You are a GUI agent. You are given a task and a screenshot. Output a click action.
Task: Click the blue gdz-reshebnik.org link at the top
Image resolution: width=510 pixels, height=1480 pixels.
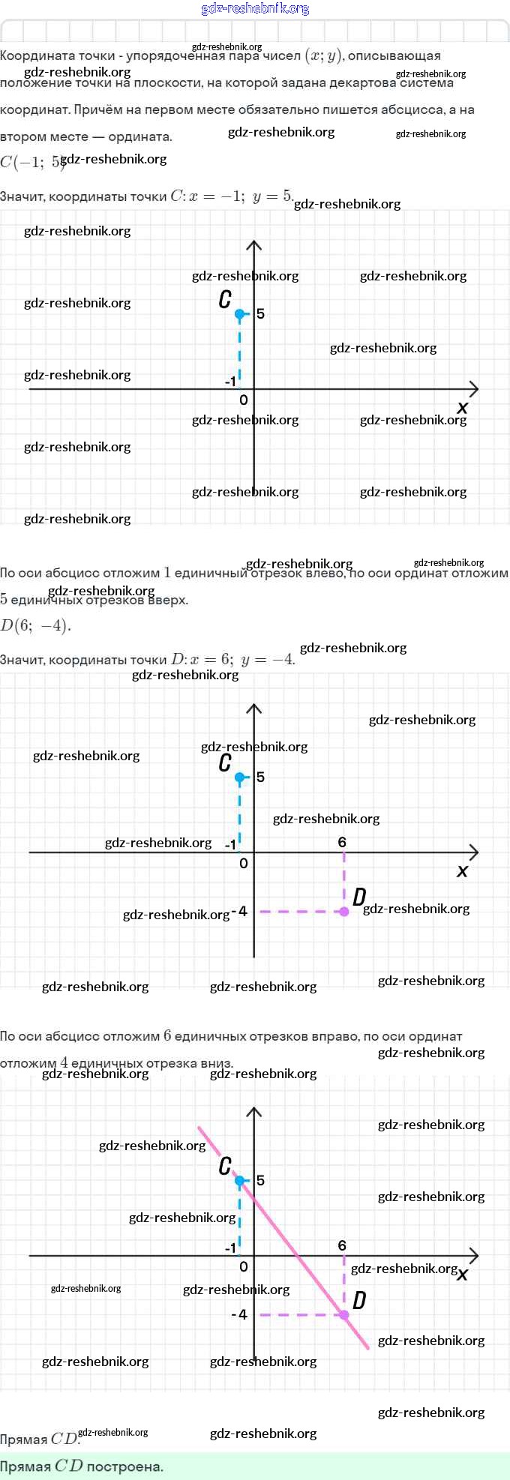point(255,9)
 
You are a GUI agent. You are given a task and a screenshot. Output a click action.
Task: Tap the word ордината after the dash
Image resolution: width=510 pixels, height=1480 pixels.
point(139,136)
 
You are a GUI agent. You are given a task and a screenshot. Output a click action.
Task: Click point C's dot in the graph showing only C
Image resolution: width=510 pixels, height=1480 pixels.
point(240,313)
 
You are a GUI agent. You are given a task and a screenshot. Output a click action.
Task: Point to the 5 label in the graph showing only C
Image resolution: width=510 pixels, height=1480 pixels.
point(260,313)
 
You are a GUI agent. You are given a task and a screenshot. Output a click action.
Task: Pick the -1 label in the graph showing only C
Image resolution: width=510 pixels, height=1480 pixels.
point(230,382)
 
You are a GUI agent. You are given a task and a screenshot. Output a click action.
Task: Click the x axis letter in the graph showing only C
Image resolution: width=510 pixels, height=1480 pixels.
point(462,408)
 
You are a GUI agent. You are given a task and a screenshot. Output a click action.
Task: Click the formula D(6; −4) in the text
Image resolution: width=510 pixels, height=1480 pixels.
point(35,625)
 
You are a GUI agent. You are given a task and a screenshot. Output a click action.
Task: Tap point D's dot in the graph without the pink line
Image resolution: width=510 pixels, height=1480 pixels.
point(344,912)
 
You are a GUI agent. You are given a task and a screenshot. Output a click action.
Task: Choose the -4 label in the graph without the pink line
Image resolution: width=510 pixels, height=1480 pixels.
point(240,912)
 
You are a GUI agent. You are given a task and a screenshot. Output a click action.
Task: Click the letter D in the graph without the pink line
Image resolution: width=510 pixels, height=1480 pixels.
point(359,897)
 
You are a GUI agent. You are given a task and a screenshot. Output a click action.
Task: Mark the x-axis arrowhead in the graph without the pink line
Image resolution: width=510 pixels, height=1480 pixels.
point(474,852)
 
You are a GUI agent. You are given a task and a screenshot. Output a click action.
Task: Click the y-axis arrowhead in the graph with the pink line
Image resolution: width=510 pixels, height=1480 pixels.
point(254,1111)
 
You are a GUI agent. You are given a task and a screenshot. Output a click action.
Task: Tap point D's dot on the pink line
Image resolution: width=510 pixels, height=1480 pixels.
point(344,1315)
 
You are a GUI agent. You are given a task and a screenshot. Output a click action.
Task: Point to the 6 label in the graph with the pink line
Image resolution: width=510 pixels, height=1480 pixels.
point(342,1245)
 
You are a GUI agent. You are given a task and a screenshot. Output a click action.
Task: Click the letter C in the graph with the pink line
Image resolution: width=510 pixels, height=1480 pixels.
point(225,1166)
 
